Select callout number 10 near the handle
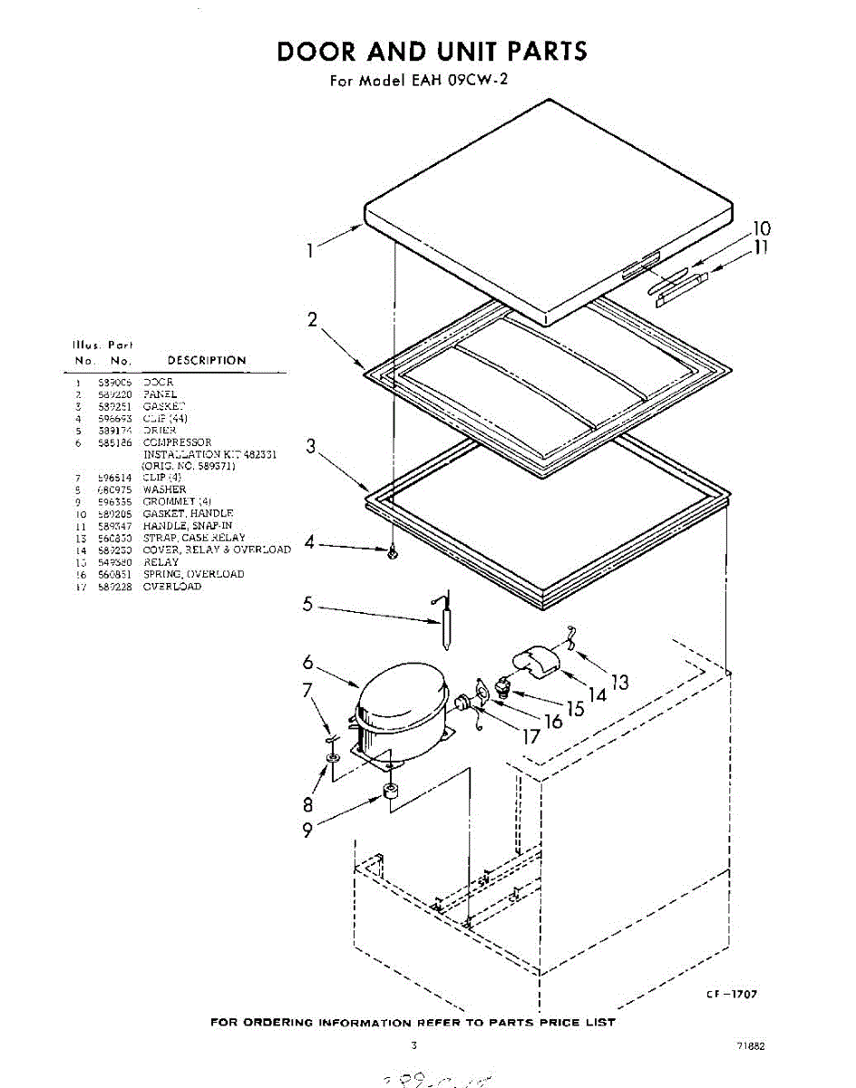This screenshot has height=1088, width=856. (762, 228)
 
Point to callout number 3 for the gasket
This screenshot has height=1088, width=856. (310, 446)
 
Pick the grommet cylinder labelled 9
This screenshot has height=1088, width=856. (392, 792)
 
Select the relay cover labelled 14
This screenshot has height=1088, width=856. (534, 659)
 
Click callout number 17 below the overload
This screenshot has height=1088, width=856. (530, 736)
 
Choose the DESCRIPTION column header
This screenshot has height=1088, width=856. (207, 360)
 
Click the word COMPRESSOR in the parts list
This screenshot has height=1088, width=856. (177, 442)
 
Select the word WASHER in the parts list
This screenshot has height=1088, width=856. (164, 490)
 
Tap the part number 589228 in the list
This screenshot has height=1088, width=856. (114, 586)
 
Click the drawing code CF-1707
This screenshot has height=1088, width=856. (732, 995)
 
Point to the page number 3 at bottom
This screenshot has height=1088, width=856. (414, 1045)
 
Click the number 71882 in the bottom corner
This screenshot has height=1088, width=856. (752, 1045)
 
